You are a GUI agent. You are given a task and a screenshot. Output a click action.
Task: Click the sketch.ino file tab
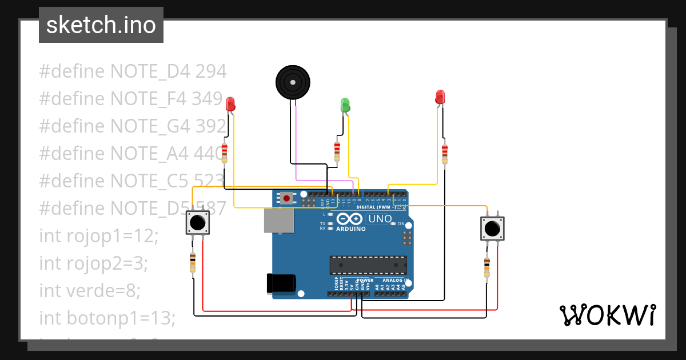pyautogui.click(x=101, y=25)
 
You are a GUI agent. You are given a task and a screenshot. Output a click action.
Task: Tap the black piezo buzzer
pyautogui.click(x=293, y=82)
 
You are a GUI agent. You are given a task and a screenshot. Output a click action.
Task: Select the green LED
pyautogui.click(x=345, y=105)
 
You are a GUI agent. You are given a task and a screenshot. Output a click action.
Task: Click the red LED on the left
pyautogui.click(x=230, y=104)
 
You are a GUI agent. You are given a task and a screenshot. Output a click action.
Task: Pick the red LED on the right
pyautogui.click(x=440, y=97)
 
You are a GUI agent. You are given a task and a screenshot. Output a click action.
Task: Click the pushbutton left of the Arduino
pyautogui.click(x=198, y=222)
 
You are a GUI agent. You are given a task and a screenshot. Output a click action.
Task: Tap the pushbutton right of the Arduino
pyautogui.click(x=492, y=229)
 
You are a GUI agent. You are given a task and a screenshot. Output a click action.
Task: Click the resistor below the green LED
pyautogui.click(x=337, y=151)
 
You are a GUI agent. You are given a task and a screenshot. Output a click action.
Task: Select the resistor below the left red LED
pyautogui.click(x=224, y=153)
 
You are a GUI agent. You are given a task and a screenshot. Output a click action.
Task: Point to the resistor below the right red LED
pyautogui.click(x=445, y=153)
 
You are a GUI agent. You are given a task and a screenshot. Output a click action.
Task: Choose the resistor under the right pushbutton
pyautogui.click(x=486, y=267)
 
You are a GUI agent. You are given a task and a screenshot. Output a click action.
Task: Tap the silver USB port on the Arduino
pyautogui.click(x=278, y=221)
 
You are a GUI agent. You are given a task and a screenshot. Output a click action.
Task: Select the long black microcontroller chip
pyautogui.click(x=368, y=265)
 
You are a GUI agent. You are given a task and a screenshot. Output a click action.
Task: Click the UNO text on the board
pyautogui.click(x=380, y=219)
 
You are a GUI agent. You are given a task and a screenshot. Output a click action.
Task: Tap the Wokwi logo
pyautogui.click(x=607, y=315)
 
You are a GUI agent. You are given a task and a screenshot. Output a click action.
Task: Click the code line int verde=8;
pyautogui.click(x=90, y=291)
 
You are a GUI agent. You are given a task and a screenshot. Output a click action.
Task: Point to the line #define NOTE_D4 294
pyautogui.click(x=133, y=71)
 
